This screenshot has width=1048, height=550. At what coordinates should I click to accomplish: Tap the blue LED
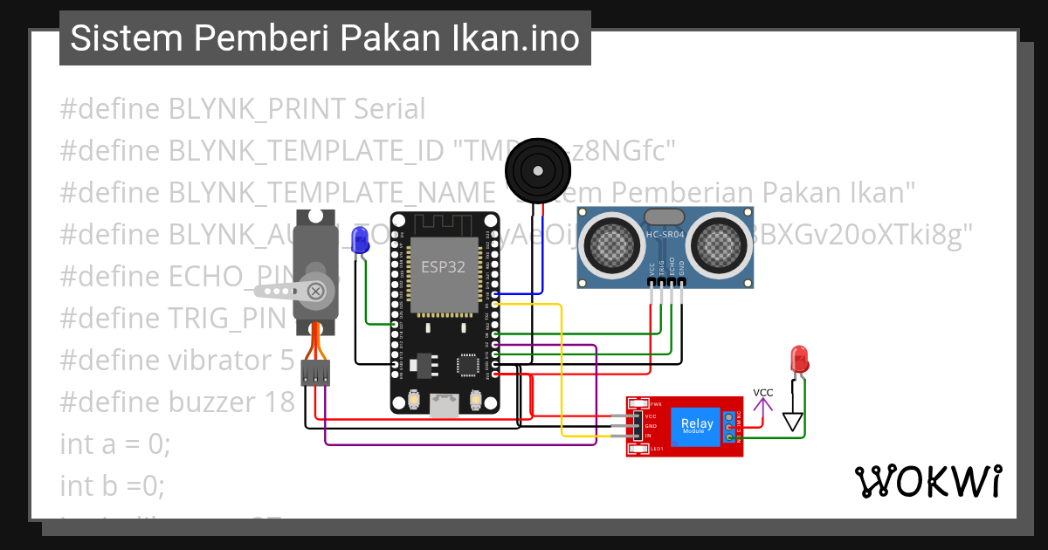pos(358,239)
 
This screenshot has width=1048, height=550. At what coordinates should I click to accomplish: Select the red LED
pos(798,358)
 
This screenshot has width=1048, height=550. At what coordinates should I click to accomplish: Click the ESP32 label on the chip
pos(444,267)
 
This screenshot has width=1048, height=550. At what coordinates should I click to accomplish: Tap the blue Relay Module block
pos(697,426)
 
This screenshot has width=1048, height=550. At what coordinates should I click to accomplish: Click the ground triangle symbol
pos(793,422)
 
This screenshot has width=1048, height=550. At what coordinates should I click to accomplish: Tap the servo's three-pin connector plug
pos(315,374)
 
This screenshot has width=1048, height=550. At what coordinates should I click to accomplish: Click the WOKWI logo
pos(927,482)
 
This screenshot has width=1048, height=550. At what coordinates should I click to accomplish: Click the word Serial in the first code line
pos(390,109)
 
